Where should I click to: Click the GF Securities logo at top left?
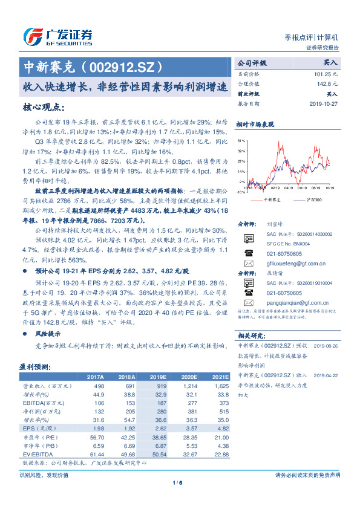point(57,37)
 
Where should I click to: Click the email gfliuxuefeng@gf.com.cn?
point(292,264)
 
